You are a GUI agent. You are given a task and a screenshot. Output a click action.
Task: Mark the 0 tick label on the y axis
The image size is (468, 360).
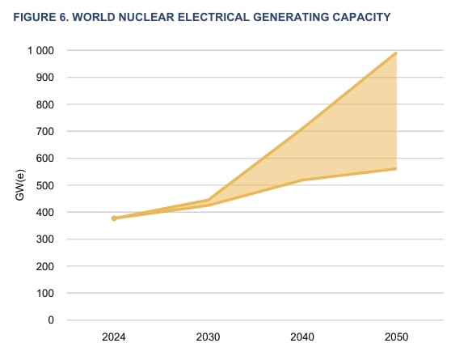click(50, 320)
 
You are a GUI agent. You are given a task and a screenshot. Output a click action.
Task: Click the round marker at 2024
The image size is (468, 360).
click(114, 218)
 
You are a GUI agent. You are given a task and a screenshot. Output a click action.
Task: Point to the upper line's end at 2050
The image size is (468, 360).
click(396, 53)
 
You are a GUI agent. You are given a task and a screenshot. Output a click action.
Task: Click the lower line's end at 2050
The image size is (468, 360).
click(396, 169)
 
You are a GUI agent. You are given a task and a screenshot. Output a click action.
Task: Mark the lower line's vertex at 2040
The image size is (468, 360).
click(302, 180)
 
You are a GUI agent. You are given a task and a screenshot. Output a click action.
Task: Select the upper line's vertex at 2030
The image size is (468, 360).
click(209, 200)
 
